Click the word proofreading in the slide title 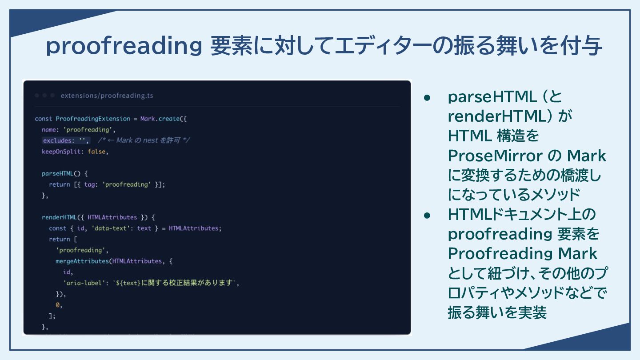[124, 46]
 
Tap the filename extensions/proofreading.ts [107, 96]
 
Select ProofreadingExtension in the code [93, 119]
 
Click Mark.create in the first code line [160, 119]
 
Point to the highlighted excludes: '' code [66, 140]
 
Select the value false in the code [96, 152]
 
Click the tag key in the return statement [89, 184]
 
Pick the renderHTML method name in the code [59, 217]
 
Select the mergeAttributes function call [82, 261]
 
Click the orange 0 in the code [57, 305]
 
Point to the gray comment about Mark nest [144, 140]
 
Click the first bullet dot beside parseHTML [427, 98]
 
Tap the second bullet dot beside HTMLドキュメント [427, 216]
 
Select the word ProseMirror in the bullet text [495, 156]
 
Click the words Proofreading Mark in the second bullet [522, 253]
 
